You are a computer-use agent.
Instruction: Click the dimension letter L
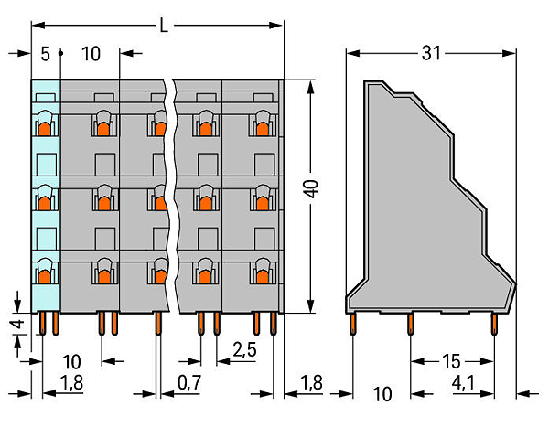[x=164, y=26]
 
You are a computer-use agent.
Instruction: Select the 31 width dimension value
[x=431, y=53]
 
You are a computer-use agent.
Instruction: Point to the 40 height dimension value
[x=311, y=189]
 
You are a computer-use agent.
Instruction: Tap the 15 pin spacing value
[x=451, y=361]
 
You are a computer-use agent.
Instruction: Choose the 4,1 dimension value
[x=463, y=383]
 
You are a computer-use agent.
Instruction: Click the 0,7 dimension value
[x=189, y=382]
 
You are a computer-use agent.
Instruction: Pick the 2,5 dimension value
[x=244, y=349]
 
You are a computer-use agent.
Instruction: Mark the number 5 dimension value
[x=45, y=54]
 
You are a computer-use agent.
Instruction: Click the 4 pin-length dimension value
[x=18, y=324]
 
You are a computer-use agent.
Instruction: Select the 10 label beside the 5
[x=91, y=54]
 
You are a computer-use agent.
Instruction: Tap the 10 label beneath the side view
[x=382, y=394]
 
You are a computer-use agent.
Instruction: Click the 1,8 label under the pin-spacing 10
[x=71, y=382]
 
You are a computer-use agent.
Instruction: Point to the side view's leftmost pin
[x=352, y=324]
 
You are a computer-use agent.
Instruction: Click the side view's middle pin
[x=410, y=324]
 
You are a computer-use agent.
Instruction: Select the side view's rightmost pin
[x=494, y=324]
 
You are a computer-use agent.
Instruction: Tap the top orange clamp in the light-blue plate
[x=45, y=129]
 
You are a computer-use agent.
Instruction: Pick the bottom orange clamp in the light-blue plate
[x=45, y=277]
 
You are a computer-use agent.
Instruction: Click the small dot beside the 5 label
[x=60, y=53]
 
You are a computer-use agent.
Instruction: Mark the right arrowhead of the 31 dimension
[x=509, y=53]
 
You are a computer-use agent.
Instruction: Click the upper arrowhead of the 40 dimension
[x=310, y=88]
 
